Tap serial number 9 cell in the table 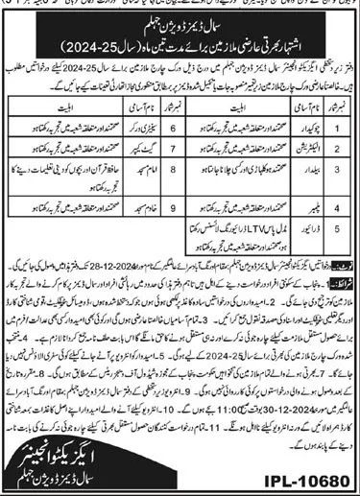tap(174, 204)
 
